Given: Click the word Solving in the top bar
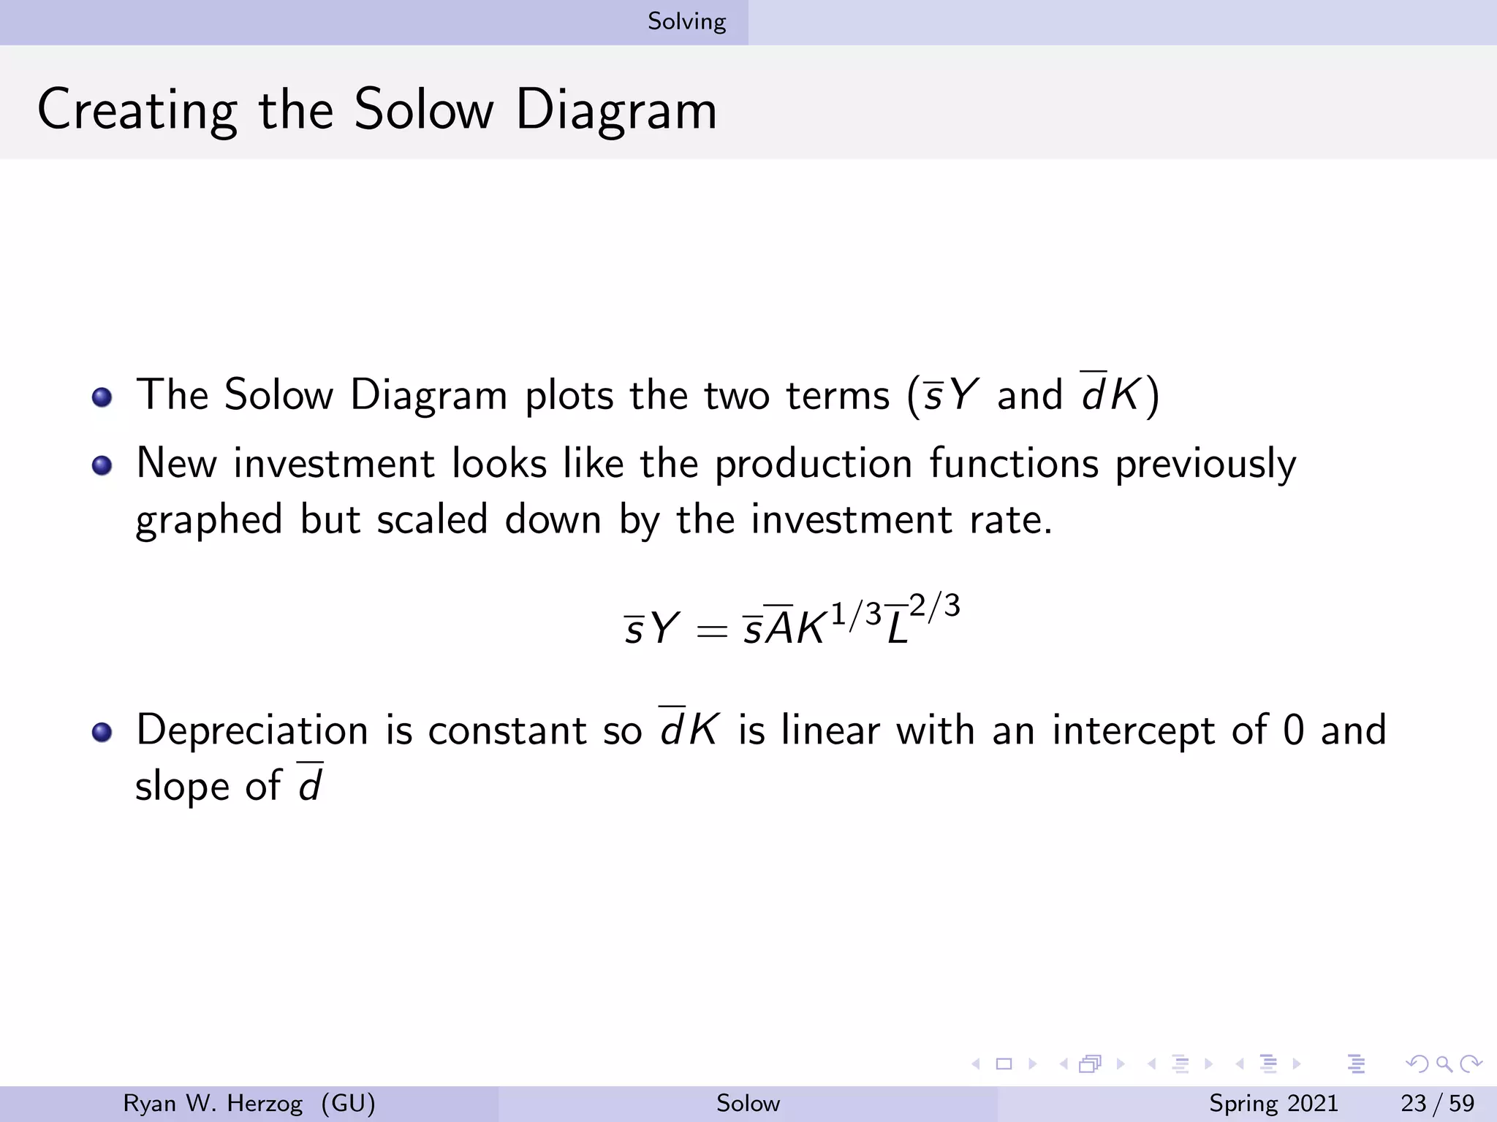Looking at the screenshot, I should (686, 22).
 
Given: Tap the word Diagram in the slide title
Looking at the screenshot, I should (616, 110).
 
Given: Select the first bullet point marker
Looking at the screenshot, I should (102, 397).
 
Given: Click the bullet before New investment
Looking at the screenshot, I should (102, 465).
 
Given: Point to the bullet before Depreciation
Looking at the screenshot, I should (102, 732).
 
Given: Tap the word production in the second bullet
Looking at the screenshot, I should (813, 465).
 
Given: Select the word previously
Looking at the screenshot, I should (1205, 465).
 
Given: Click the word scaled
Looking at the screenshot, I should (432, 520).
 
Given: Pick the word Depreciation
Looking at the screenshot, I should (252, 730).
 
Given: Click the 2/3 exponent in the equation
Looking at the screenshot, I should (934, 606).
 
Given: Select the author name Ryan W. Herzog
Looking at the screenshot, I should (213, 1103).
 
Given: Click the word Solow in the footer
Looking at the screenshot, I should (748, 1103).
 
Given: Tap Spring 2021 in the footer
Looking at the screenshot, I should (1273, 1103).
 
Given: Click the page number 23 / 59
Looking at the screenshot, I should (1437, 1103).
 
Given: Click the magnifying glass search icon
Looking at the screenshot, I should (1444, 1064).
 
